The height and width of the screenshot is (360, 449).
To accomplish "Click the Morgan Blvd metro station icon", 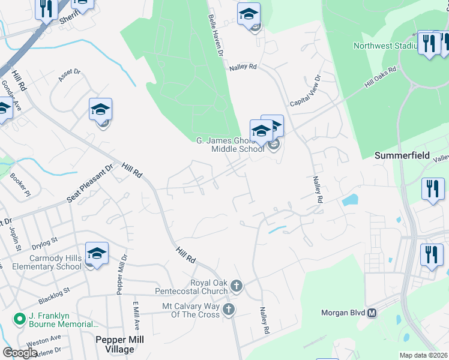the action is [372, 313].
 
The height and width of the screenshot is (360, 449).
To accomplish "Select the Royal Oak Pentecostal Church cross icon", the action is [237, 286].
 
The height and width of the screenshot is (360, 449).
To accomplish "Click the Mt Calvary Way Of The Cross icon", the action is [228, 310].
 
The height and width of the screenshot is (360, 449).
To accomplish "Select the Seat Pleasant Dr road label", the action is [90, 184].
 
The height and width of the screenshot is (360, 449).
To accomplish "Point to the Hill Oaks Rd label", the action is [381, 78].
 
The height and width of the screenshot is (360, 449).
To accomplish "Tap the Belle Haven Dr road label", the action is [215, 37].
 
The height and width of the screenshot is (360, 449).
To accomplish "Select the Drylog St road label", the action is [45, 241].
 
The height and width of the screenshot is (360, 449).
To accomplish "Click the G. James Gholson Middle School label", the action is [230, 145].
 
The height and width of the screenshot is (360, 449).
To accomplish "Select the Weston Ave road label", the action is [48, 339].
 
